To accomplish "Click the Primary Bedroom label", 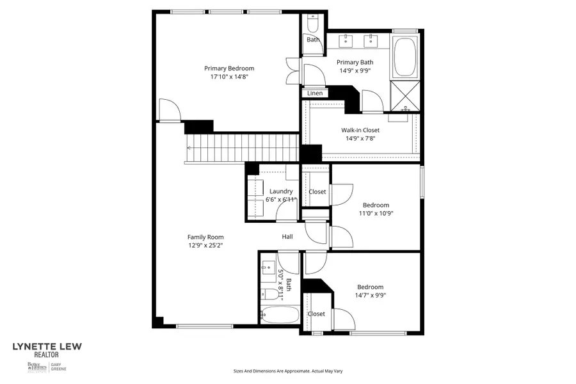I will [x=229, y=68].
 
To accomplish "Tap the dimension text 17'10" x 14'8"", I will [x=229, y=77].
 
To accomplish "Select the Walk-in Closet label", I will [x=360, y=130].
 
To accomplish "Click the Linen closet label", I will [x=315, y=93].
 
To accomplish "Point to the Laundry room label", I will [x=281, y=191].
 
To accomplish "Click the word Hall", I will [x=287, y=237].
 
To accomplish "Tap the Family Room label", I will [x=205, y=237].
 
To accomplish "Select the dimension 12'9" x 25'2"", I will [x=205, y=245].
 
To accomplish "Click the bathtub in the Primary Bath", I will [x=405, y=58].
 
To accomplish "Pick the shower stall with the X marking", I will [x=405, y=94].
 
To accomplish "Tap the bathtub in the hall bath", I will [x=280, y=315].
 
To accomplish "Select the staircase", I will [x=243, y=148].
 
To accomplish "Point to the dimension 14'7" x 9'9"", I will [x=371, y=296].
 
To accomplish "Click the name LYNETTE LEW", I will [x=47, y=347].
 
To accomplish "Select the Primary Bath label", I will [x=355, y=62].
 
